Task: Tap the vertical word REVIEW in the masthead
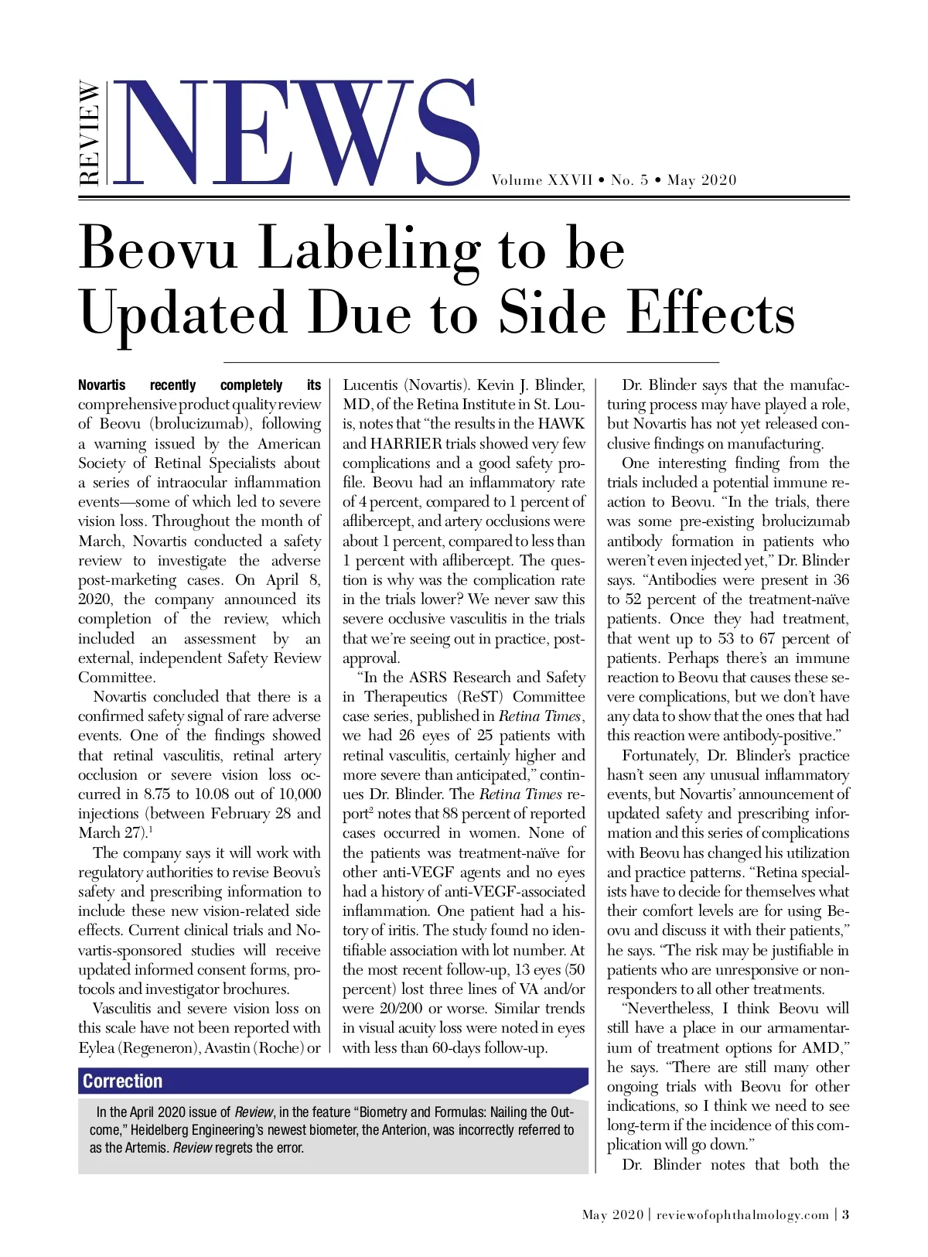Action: tap(90, 133)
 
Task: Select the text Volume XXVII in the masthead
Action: tap(541, 180)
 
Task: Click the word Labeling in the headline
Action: tap(369, 250)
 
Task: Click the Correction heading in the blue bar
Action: tap(123, 1081)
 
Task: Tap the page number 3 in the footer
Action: tap(845, 1214)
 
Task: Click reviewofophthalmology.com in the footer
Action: tap(742, 1214)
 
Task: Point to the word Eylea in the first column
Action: tap(96, 1047)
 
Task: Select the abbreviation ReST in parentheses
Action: tap(480, 697)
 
